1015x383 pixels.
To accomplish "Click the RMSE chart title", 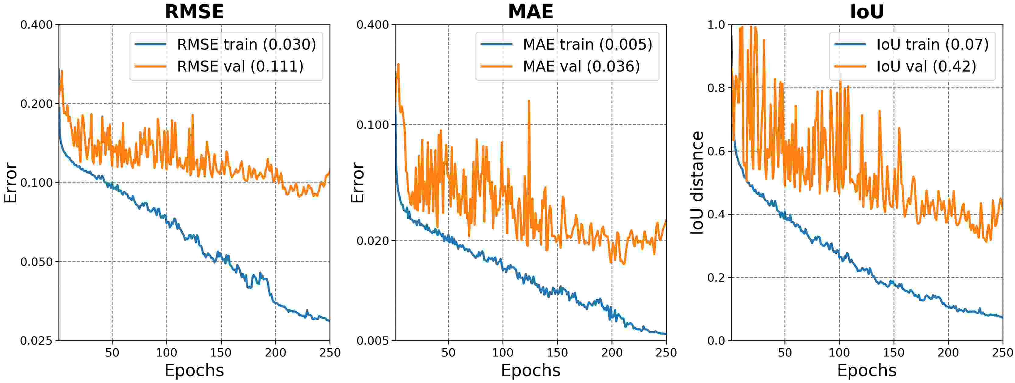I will tap(194, 12).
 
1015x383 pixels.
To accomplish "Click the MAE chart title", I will tap(530, 12).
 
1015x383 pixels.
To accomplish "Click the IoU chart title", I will tap(867, 12).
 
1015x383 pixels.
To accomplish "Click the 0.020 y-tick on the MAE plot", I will tap(372, 241).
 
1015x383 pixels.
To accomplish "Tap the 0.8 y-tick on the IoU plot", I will tap(716, 88).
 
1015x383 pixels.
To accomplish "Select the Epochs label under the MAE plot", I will tap(530, 371).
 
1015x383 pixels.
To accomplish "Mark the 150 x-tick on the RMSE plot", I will tap(221, 352).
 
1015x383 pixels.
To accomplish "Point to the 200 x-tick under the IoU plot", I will tap(948, 352).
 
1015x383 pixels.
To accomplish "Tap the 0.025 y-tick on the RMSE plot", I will tap(36, 341).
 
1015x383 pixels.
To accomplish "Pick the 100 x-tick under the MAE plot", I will tap(503, 352).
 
